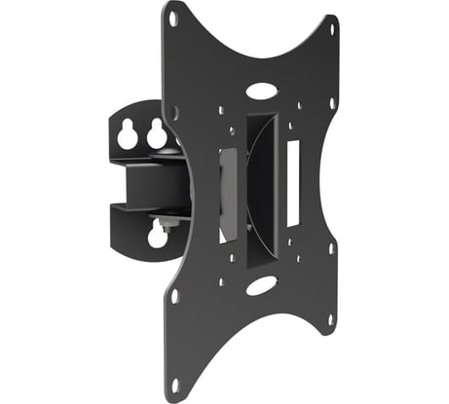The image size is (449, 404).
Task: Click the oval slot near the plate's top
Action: pyautogui.click(x=260, y=91)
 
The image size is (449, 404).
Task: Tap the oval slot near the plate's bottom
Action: pyautogui.click(x=260, y=286)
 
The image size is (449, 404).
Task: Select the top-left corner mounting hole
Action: pyautogui.click(x=172, y=18)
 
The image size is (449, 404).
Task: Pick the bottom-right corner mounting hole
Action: pyautogui.click(x=331, y=317)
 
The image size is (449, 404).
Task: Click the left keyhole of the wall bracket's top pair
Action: pyautogui.click(x=128, y=137)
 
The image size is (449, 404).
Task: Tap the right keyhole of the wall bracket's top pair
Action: pyautogui.click(x=156, y=136)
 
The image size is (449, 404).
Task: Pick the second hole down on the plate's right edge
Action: pyautogui.click(x=332, y=102)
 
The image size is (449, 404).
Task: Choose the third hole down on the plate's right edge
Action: pyautogui.click(x=332, y=248)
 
